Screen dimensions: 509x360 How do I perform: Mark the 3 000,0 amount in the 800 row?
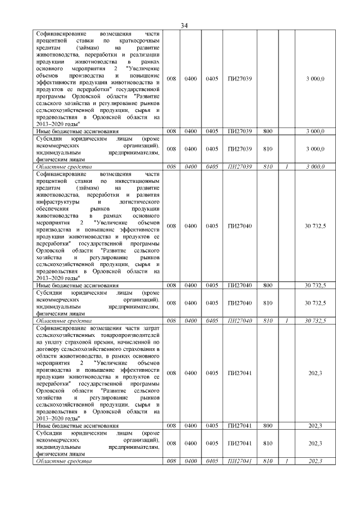[316, 130]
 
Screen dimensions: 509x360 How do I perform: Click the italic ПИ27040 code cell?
[240, 321]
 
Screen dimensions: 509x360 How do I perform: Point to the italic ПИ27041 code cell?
[240, 461]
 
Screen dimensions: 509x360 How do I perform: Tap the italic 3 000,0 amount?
[316, 166]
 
